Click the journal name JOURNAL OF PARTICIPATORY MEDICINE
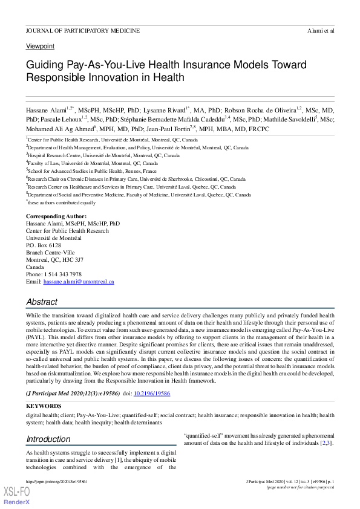[x=83, y=31]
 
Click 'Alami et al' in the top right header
[x=321, y=31]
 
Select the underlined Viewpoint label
[x=40, y=47]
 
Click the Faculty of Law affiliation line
[x=92, y=163]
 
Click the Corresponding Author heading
[x=56, y=216]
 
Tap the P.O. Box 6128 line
[x=44, y=245]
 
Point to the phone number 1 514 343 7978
[x=62, y=274]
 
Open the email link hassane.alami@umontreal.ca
[x=79, y=282]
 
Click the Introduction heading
[x=48, y=439]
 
